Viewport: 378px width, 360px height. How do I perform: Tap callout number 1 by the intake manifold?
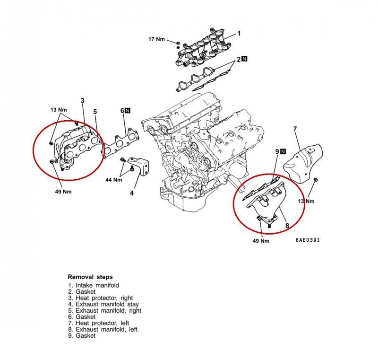pos(239,33)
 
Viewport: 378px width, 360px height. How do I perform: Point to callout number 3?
pos(82,100)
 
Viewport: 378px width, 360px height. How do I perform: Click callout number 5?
pos(95,112)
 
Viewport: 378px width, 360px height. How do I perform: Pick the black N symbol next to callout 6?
pos(128,110)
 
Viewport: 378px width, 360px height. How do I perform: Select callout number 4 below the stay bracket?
pos(132,193)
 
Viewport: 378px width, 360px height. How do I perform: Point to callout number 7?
pos(294,129)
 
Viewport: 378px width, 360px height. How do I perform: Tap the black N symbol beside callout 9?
pos(283,151)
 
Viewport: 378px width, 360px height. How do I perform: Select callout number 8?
pos(287,226)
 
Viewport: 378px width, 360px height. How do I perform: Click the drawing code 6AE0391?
pos(308,240)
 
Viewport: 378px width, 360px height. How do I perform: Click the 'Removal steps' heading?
pos(90,277)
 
